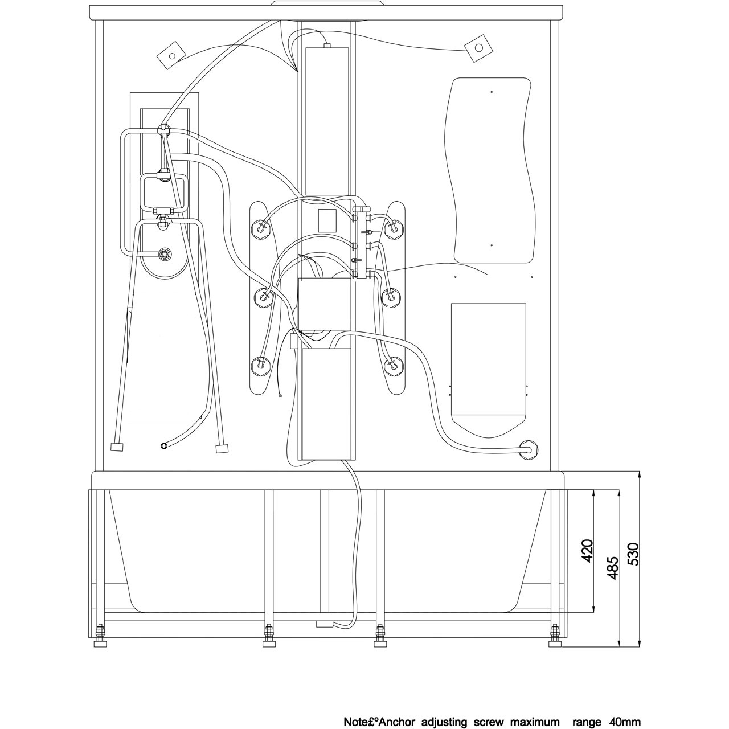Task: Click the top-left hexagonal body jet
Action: click(x=261, y=228)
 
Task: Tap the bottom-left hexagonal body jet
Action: click(x=261, y=365)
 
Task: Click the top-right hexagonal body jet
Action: click(x=394, y=228)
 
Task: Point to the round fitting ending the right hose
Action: click(x=529, y=450)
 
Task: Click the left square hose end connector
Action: click(x=117, y=447)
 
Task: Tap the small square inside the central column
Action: click(x=327, y=220)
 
